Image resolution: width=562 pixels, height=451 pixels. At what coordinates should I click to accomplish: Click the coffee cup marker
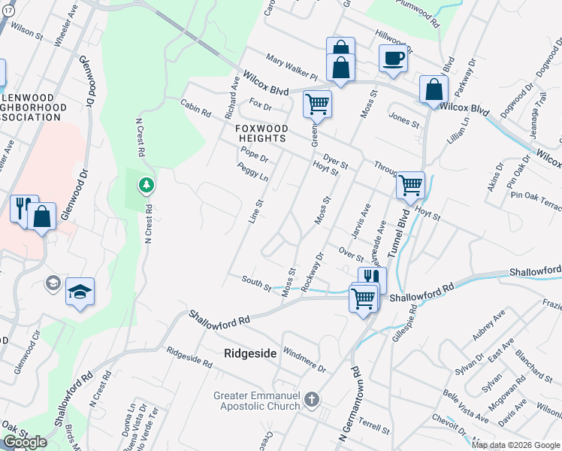pos(393,58)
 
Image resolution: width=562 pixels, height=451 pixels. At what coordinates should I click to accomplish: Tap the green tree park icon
pos(146,183)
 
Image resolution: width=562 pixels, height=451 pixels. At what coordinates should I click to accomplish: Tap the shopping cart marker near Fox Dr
pos(317,104)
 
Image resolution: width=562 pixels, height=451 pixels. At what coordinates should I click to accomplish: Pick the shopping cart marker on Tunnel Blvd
pos(410,184)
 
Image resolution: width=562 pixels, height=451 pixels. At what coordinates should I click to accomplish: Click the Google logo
pos(24,442)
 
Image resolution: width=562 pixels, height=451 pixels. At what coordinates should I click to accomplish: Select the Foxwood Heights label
pos(261,133)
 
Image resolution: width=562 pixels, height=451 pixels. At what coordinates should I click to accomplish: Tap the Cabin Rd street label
pos(195,109)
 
